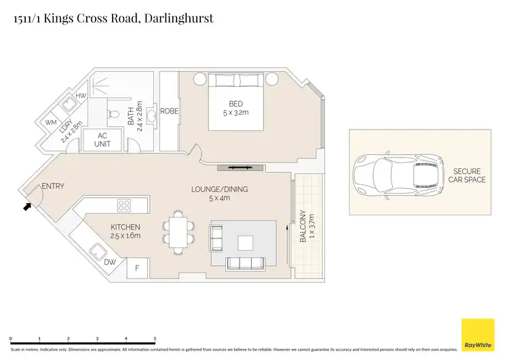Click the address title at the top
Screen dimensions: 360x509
pos(113,18)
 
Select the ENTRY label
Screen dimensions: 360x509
pos(54,186)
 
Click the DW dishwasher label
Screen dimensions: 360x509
pos(110,262)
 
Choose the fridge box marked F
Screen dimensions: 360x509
pos(138,268)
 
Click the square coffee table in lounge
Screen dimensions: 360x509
pos(244,242)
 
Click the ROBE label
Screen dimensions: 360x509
pos(169,110)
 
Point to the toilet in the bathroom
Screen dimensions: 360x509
pos(115,113)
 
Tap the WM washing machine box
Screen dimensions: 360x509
pos(52,123)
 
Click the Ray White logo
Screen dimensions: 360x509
pos(478,335)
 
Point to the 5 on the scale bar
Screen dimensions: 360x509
pos(155,339)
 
